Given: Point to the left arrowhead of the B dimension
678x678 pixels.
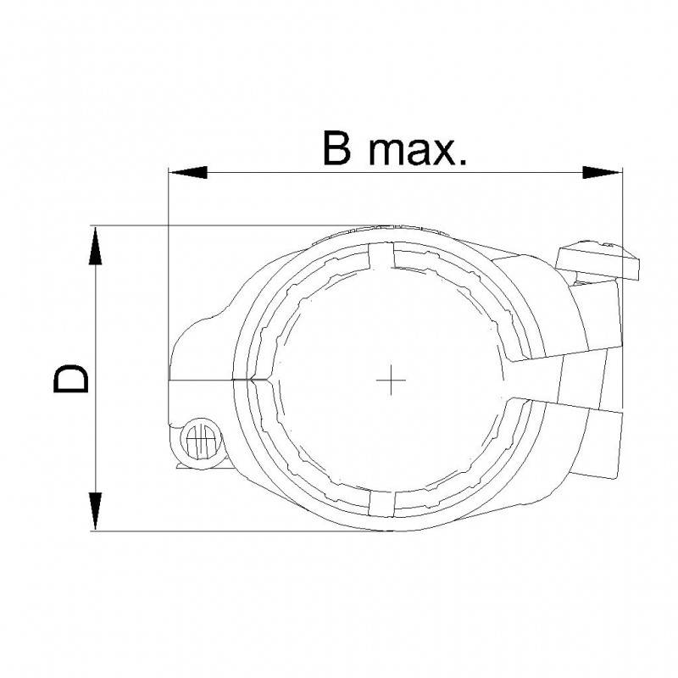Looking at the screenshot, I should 187,172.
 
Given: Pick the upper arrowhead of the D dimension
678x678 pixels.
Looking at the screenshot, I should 96,247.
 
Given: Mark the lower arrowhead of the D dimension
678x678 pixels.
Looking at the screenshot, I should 96,511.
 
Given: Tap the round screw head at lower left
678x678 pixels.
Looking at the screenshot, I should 201,439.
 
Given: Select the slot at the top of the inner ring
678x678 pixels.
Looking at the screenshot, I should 382,257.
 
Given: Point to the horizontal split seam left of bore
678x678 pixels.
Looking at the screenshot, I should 203,376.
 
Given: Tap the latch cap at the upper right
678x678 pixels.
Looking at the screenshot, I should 598,258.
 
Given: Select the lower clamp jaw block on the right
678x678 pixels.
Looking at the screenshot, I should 602,436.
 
